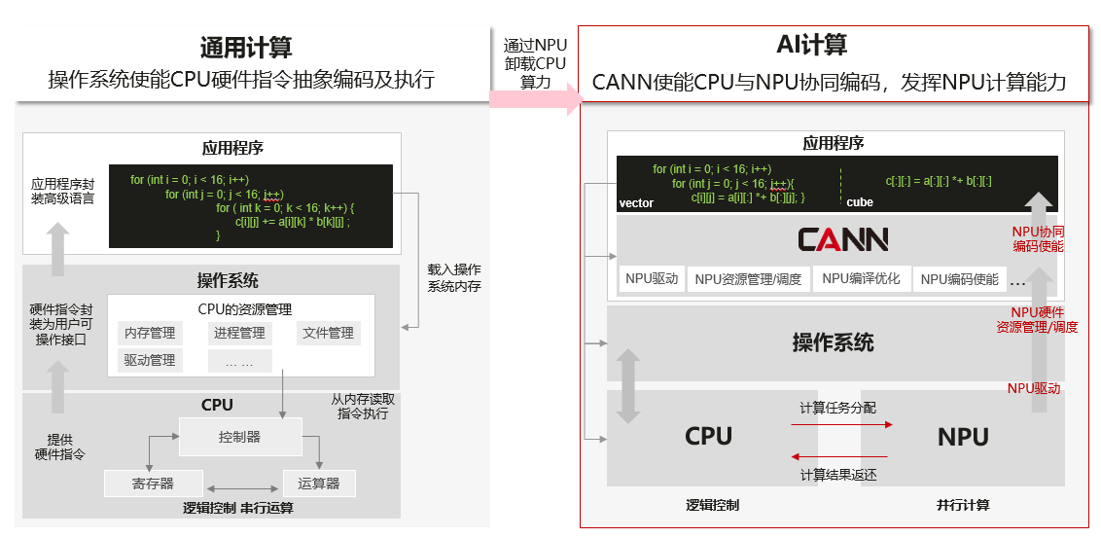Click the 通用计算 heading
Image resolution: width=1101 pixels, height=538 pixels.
pyautogui.click(x=245, y=47)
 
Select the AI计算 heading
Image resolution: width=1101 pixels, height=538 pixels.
pyautogui.click(x=811, y=45)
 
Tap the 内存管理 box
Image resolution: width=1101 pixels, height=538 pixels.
pyautogui.click(x=150, y=333)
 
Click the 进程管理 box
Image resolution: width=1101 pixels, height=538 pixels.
pyautogui.click(x=238, y=333)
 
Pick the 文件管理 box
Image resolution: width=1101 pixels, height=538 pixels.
pyautogui.click(x=328, y=333)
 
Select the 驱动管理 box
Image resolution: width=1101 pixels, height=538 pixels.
pyautogui.click(x=150, y=360)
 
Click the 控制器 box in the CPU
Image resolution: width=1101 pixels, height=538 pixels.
pyautogui.click(x=239, y=437)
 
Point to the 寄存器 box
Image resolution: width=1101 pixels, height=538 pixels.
pyautogui.click(x=154, y=483)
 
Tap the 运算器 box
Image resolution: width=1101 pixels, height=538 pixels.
pyautogui.click(x=319, y=483)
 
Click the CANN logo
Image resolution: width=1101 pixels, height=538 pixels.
pyautogui.click(x=842, y=239)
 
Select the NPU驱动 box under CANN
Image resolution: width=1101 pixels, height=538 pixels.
pyautogui.click(x=652, y=279)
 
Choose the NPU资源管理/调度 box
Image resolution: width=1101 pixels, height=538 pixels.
pyautogui.click(x=748, y=279)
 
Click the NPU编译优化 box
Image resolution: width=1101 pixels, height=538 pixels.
pyautogui.click(x=861, y=279)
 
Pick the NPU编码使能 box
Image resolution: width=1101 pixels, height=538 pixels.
pyautogui.click(x=959, y=279)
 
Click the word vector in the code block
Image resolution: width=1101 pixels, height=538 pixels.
pyautogui.click(x=636, y=202)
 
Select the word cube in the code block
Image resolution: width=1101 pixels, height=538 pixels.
pyautogui.click(x=860, y=202)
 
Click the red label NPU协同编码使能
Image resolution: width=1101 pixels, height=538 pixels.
pyautogui.click(x=1038, y=238)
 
